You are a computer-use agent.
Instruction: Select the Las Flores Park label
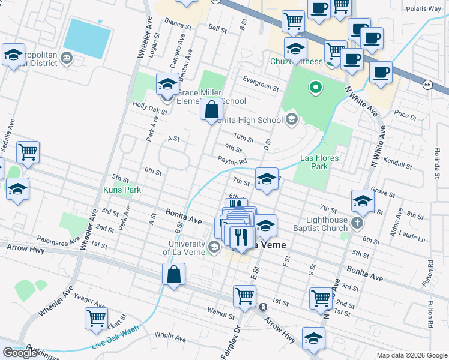click(319, 162)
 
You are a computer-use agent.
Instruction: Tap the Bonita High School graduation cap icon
click(291, 118)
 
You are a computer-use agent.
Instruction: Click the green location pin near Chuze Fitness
click(314, 89)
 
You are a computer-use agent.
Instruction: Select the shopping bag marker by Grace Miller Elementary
click(211, 110)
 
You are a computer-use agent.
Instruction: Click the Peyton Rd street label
click(232, 161)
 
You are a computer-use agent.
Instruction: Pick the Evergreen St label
click(261, 83)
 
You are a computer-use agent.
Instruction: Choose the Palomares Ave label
click(57, 241)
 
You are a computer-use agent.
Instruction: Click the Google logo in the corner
click(20, 353)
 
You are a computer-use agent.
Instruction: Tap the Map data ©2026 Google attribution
click(411, 355)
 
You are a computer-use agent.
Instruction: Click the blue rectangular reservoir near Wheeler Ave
click(87, 34)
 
